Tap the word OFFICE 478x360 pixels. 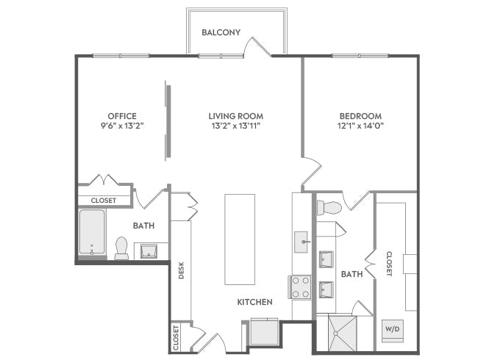click(x=123, y=116)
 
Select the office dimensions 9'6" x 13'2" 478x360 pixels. click(x=123, y=126)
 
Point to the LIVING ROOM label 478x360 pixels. click(x=235, y=116)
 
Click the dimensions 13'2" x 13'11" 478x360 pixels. click(x=235, y=126)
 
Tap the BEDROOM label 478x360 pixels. click(x=360, y=116)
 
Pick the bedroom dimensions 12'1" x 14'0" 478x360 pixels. click(x=360, y=126)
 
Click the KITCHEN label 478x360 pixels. click(x=254, y=302)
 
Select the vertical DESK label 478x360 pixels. click(x=181, y=271)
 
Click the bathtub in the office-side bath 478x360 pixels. click(x=92, y=233)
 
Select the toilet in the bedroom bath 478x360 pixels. click(x=327, y=208)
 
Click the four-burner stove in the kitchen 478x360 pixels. click(x=301, y=287)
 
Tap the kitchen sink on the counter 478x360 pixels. click(x=302, y=241)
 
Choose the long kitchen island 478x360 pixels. click(x=240, y=239)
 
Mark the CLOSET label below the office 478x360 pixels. click(x=103, y=200)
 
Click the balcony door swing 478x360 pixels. click(x=260, y=46)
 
